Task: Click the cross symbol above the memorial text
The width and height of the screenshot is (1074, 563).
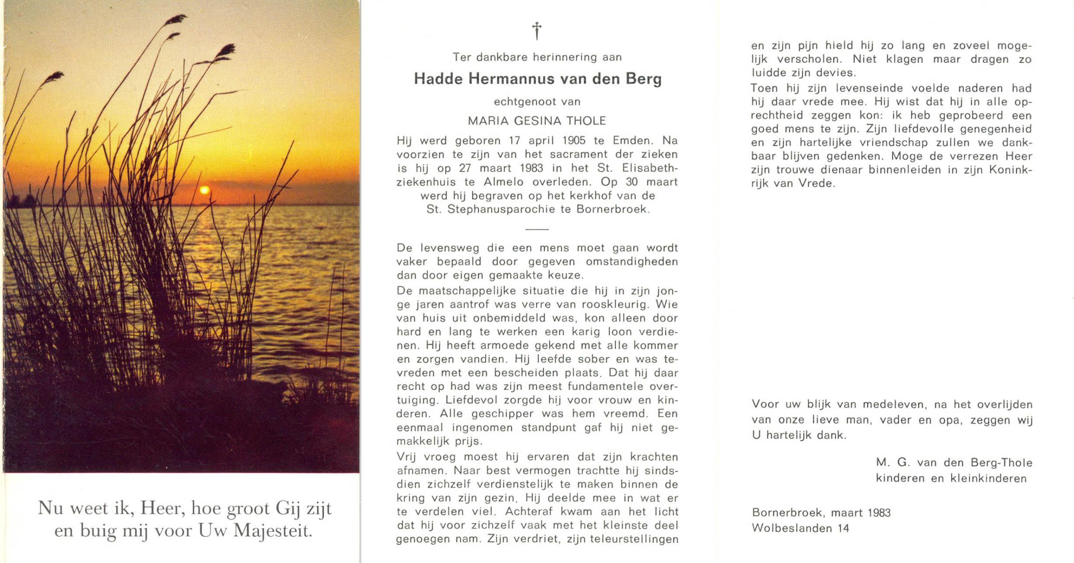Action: [x=537, y=31]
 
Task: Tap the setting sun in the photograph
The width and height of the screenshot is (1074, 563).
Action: [x=204, y=190]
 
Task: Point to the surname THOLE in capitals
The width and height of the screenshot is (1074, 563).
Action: [x=586, y=121]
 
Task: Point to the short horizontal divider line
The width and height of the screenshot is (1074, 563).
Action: [x=537, y=229]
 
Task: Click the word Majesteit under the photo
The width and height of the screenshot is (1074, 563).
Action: [x=273, y=531]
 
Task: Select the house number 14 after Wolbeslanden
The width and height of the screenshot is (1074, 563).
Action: [x=843, y=528]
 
